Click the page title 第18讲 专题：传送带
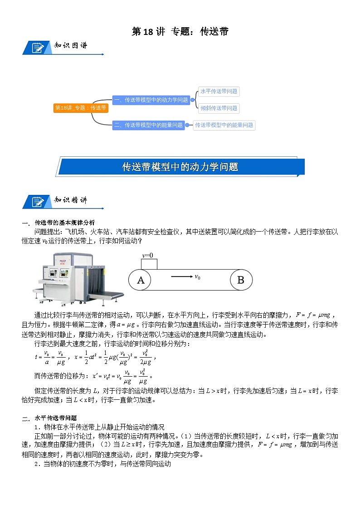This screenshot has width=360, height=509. point(180,31)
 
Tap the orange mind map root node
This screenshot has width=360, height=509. point(80,108)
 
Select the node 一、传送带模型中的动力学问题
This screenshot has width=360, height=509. point(151,100)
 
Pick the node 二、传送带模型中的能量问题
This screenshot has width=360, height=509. point(148,125)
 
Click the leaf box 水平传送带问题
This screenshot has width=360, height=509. point(219,91)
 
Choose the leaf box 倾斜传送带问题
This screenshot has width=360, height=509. point(219,108)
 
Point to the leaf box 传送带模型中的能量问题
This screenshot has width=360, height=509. point(224,125)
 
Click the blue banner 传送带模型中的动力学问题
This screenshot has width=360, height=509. point(180,167)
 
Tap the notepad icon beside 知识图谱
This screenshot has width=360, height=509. point(37,48)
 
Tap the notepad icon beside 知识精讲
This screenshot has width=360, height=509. point(37,201)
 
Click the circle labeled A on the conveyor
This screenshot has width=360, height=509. point(141,280)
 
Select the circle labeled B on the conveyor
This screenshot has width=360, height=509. point(240,280)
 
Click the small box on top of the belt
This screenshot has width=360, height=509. point(149,264)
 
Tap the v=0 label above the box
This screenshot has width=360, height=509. point(148,255)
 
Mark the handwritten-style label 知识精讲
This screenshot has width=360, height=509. point(71,200)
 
